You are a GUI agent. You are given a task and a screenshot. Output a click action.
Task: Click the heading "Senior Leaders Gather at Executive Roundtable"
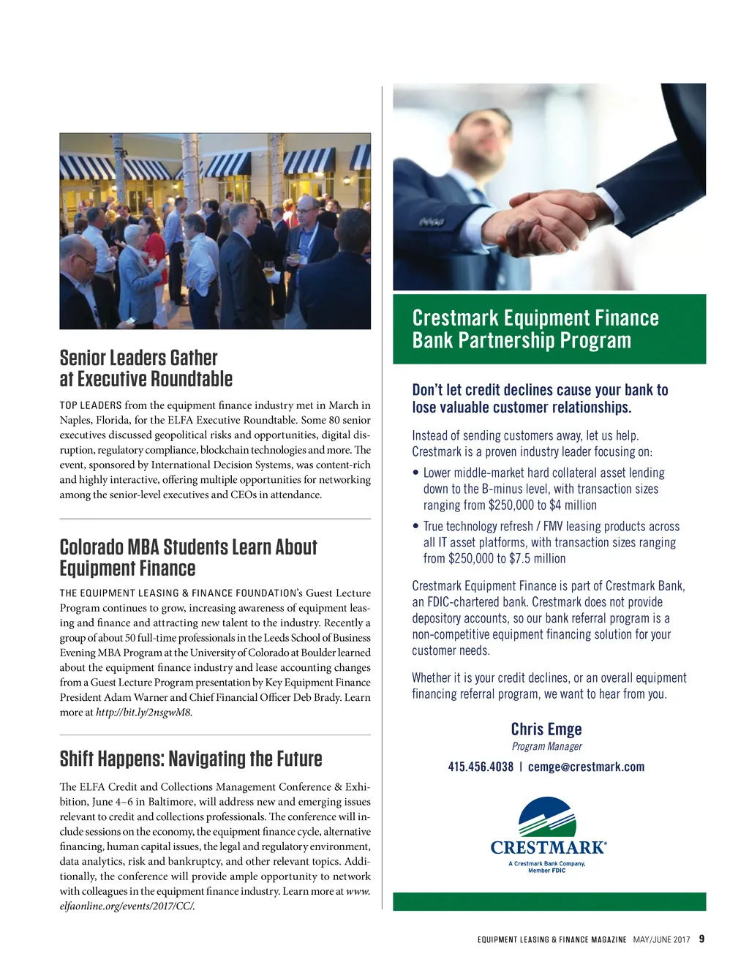pos(146,369)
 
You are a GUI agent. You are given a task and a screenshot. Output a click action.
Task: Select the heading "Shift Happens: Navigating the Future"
pos(191,759)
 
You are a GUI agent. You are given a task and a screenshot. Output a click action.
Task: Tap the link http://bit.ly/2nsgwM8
pos(143,713)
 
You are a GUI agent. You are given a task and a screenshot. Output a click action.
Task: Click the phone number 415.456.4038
pos(481,767)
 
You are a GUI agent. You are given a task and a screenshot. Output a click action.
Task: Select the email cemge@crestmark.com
pos(586,767)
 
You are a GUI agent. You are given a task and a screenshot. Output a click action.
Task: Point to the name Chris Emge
pos(546,729)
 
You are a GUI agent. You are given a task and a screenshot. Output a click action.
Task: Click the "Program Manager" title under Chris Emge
pos(546,747)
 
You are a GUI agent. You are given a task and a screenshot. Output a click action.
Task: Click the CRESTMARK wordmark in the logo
pos(548,848)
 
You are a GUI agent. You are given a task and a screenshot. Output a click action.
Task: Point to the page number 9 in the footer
pos(701,939)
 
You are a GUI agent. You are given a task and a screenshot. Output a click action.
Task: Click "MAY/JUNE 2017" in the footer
pos(662,940)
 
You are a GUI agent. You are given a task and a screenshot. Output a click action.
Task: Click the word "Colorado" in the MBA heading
pos(91,547)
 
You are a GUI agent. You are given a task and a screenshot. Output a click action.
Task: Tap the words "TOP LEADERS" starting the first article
pos(91,405)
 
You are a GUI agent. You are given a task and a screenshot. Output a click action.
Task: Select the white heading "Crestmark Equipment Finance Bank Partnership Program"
pos(535,329)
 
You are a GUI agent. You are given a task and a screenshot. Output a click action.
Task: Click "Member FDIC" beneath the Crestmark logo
pos(547,871)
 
